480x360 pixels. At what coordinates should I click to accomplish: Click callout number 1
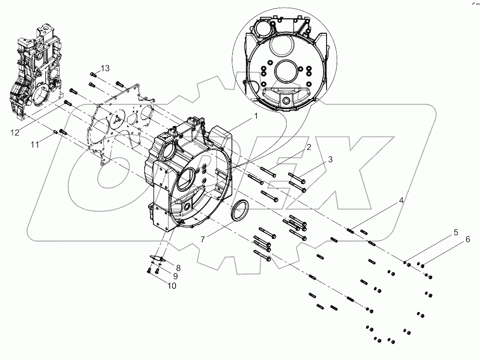(256, 116)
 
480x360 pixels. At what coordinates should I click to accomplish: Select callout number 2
(309, 147)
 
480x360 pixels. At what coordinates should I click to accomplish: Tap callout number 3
(330, 159)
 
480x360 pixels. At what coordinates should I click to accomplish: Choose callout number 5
(455, 233)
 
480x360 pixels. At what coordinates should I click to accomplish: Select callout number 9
(176, 276)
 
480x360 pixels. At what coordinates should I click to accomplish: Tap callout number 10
(172, 286)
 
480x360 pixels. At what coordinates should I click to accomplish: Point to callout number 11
(35, 144)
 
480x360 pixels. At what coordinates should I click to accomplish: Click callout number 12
(16, 132)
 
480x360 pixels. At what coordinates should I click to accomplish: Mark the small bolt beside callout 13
(94, 74)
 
